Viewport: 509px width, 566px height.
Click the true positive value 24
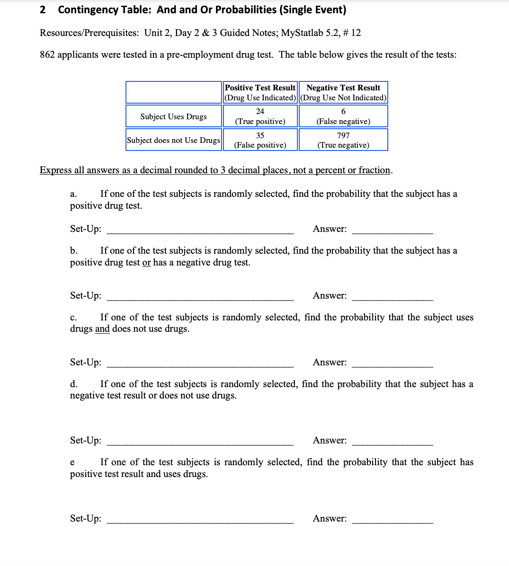click(x=260, y=112)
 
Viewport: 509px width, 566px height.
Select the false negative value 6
click(x=343, y=112)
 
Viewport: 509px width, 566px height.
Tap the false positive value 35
click(x=260, y=135)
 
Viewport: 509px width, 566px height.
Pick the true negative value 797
click(x=343, y=135)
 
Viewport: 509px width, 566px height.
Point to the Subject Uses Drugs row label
click(x=173, y=116)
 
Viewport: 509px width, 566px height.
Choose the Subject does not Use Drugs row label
click(x=173, y=140)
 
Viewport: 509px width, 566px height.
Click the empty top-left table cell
click(x=173, y=92)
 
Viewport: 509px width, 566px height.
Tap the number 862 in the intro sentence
click(x=47, y=55)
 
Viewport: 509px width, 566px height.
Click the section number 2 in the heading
click(x=43, y=10)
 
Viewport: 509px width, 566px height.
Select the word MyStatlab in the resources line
click(x=302, y=33)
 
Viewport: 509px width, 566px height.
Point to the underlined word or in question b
click(x=147, y=263)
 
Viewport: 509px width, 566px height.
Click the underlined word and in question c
click(x=102, y=329)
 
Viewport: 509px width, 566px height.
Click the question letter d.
click(x=73, y=384)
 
